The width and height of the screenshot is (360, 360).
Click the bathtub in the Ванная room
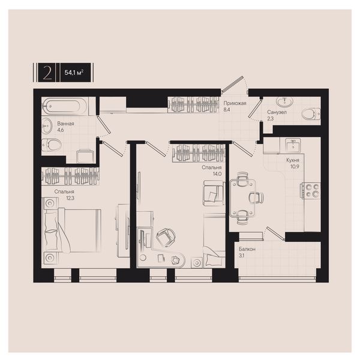point(65,106)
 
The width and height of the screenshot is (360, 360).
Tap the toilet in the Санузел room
point(311,113)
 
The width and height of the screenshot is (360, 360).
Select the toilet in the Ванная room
point(52,145)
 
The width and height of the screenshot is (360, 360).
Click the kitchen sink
point(293,146)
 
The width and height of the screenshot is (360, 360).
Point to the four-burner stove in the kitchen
point(311,191)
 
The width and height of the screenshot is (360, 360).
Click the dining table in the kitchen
point(243,198)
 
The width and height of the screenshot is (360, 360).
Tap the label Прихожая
point(235,103)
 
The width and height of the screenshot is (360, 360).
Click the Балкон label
point(247,249)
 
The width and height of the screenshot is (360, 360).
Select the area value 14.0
point(217,174)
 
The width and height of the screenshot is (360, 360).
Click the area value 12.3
point(70,198)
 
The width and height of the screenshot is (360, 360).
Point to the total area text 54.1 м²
point(74,73)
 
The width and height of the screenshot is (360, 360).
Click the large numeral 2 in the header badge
point(47,73)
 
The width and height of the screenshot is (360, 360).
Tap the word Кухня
point(293,160)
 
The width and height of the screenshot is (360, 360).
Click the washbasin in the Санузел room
point(284,101)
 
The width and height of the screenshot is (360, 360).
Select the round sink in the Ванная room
point(47,126)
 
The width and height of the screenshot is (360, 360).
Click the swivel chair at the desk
point(166,237)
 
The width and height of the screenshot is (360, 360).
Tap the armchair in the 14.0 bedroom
point(214,193)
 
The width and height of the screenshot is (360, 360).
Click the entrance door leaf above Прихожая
point(232,84)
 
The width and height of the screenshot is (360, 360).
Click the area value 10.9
point(295,167)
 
